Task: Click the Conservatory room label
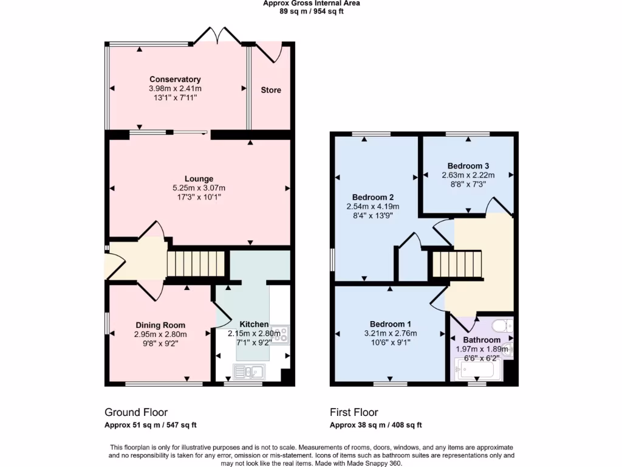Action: coord(175,80)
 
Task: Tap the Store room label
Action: coord(271,90)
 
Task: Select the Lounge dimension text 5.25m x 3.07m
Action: coord(199,188)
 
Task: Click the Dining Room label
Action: coord(160,325)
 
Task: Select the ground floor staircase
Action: coord(196,265)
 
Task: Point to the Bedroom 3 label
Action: coord(468,166)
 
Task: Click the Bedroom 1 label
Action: coord(391,323)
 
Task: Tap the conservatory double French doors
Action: coord(217,36)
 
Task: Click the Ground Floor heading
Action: coord(136,412)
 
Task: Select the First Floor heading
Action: coord(358,412)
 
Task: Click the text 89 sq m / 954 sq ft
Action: coord(311,12)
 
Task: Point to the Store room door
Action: coord(272,54)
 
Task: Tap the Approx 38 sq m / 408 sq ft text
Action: coord(375,425)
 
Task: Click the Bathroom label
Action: coord(482,340)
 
